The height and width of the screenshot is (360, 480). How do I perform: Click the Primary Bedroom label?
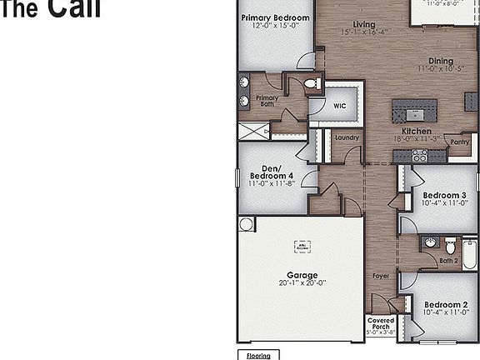point(275,17)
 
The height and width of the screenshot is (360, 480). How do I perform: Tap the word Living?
point(363,25)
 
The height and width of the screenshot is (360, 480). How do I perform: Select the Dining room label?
point(441,61)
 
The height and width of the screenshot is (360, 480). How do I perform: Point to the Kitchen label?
point(417,132)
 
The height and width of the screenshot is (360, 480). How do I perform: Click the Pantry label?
point(459,142)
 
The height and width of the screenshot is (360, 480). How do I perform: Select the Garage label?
point(302,275)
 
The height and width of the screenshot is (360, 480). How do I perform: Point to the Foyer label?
point(380,275)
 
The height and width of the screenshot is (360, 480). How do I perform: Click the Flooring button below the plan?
point(257,355)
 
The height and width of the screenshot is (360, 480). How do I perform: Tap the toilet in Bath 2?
point(450,247)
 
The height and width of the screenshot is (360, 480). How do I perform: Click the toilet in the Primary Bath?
point(311,84)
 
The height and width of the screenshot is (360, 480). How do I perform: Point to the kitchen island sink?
point(414,112)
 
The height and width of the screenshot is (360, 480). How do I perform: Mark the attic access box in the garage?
point(302,246)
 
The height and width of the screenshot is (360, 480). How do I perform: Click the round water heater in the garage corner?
point(246,224)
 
